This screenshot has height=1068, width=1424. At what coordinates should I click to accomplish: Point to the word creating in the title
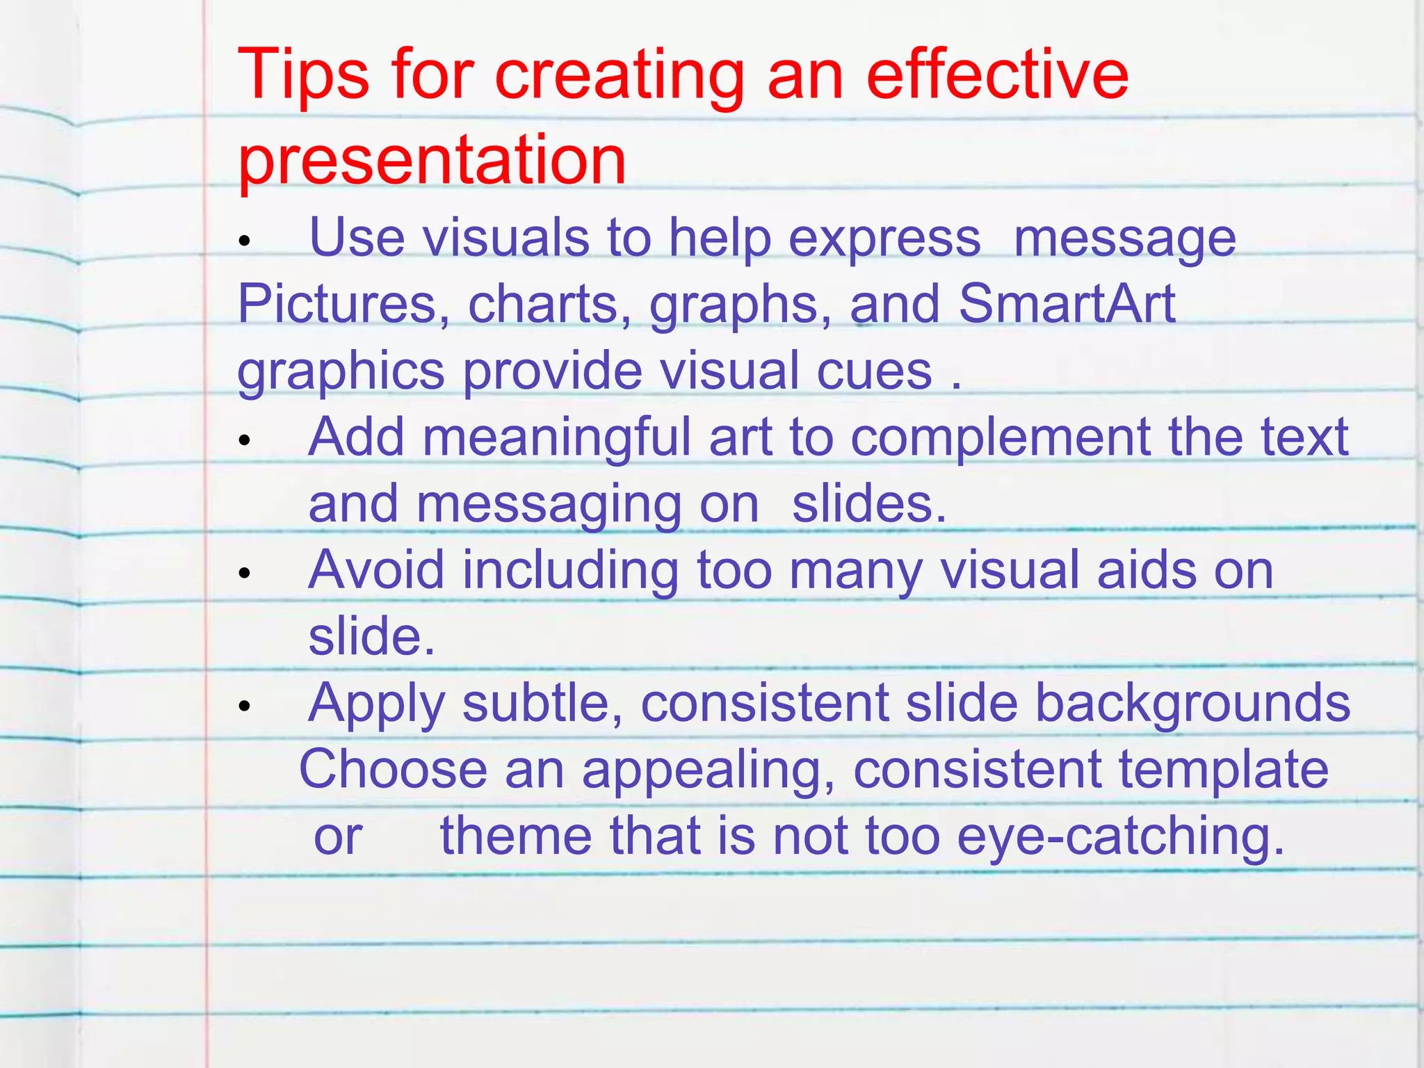[619, 76]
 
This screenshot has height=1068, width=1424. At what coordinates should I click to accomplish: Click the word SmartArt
[1067, 304]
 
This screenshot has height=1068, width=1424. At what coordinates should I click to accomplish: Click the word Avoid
[376, 570]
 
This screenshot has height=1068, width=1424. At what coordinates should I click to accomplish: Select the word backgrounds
[1192, 704]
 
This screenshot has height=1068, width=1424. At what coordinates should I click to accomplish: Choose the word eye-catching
[1120, 836]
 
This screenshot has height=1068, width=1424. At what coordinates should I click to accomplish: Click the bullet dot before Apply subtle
[243, 706]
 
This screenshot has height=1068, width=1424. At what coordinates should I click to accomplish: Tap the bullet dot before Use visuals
[243, 241]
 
